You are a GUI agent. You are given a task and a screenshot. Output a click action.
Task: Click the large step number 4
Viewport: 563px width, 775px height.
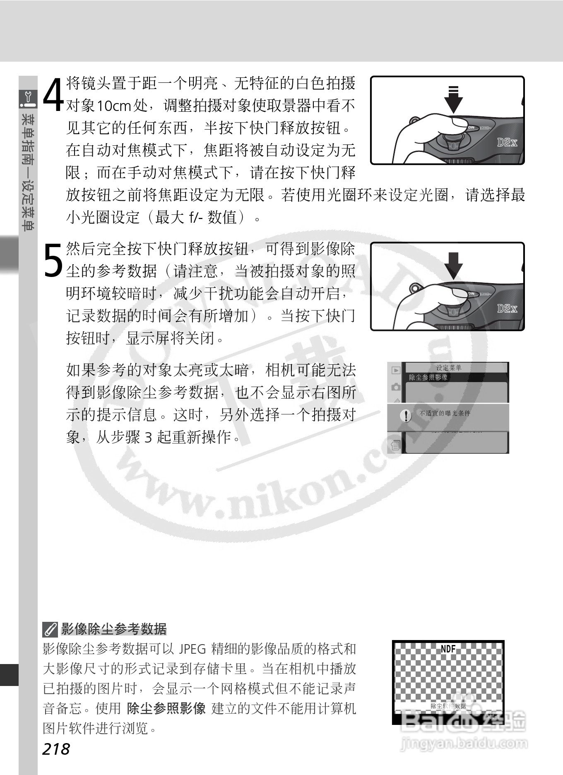(53, 95)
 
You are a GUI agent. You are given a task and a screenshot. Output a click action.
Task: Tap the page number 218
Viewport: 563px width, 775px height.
(56, 749)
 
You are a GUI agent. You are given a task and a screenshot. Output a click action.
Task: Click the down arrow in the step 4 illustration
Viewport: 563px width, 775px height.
(454, 99)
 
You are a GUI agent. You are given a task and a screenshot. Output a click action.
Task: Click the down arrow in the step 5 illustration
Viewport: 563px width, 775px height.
(454, 265)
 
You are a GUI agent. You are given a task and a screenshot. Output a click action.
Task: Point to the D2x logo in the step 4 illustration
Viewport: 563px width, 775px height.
(507, 143)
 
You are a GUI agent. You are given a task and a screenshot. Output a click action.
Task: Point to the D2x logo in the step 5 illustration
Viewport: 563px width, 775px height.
(507, 308)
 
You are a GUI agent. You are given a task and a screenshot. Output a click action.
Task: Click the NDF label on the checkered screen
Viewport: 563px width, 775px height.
(448, 649)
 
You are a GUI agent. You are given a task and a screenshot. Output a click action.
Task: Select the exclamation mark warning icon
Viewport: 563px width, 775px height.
(407, 415)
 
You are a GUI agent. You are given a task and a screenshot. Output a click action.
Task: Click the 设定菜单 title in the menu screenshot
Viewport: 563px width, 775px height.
(449, 368)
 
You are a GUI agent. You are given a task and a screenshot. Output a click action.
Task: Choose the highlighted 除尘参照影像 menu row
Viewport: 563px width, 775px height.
(429, 377)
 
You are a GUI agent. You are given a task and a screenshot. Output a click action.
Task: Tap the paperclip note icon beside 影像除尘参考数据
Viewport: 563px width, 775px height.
(50, 630)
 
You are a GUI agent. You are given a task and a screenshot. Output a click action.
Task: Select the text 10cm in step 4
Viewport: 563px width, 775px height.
(114, 106)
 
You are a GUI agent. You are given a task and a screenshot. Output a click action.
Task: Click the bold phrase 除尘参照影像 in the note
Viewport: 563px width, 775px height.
(166, 708)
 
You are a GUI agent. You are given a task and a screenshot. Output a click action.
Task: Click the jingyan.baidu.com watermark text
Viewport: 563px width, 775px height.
(464, 744)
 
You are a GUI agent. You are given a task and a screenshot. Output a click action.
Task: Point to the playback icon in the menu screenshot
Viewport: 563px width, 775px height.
(396, 371)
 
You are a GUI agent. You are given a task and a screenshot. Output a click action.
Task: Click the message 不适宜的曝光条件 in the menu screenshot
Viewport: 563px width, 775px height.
(445, 413)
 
